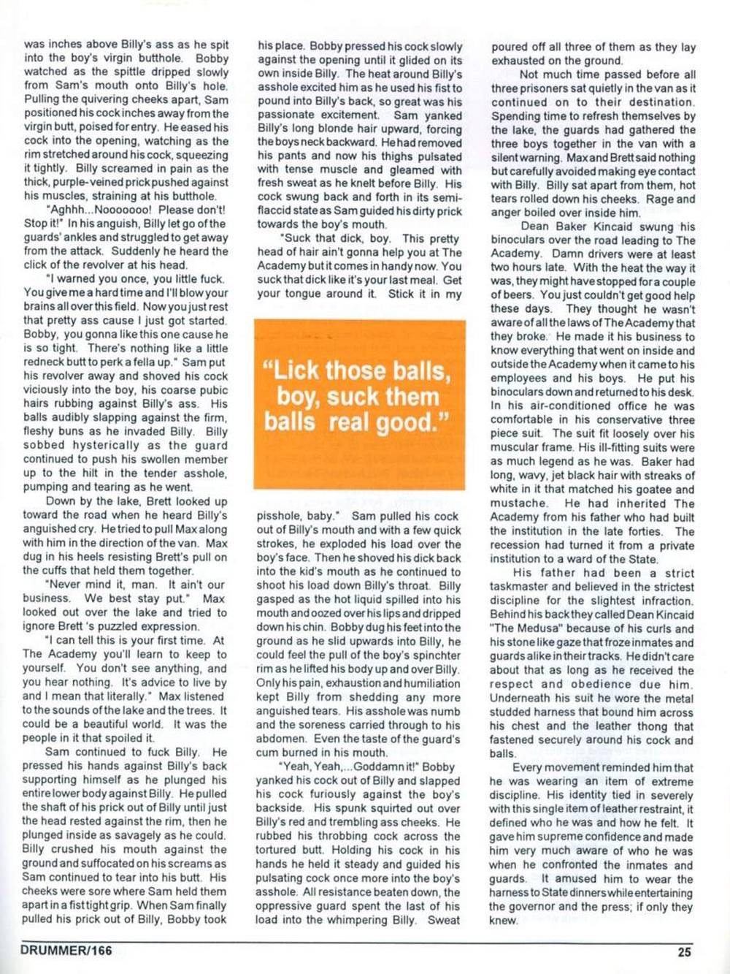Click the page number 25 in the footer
pyautogui.click(x=684, y=951)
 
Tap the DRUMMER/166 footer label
pyautogui.click(x=66, y=951)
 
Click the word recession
pyautogui.click(x=517, y=545)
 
